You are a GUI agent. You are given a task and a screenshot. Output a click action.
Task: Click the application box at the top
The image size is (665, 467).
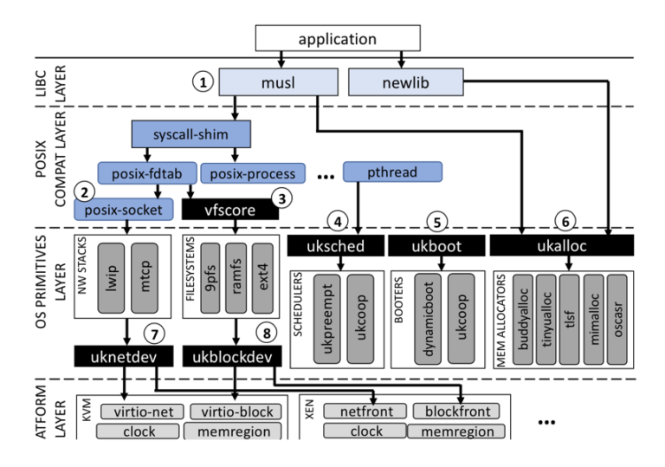(337, 38)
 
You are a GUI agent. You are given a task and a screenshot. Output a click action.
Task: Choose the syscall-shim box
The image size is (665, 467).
(190, 135)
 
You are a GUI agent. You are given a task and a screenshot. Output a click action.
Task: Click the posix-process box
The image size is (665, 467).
(253, 173)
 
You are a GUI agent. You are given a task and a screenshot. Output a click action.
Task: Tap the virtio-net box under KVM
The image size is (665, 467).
(139, 411)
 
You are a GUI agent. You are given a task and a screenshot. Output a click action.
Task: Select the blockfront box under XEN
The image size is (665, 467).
(455, 411)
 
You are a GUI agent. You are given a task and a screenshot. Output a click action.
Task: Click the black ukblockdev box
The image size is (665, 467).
(232, 356)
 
